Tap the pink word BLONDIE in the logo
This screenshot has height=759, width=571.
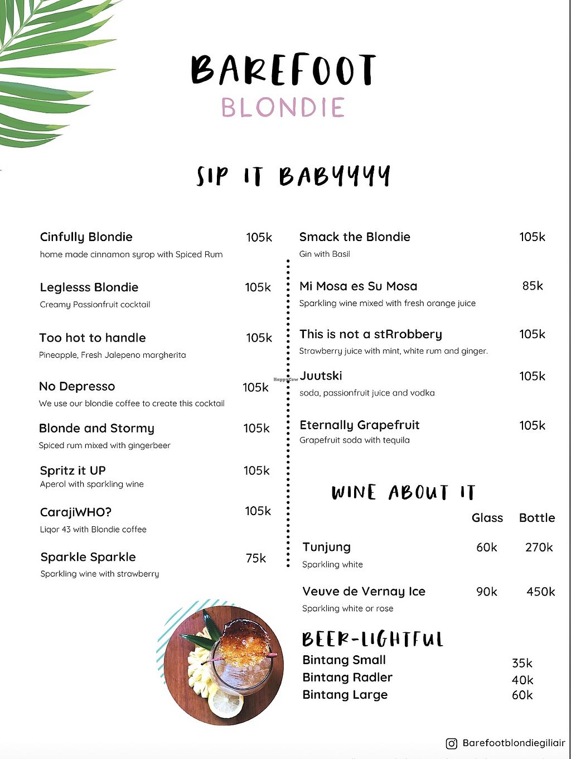pos(283,108)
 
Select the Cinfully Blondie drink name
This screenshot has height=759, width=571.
pos(86,237)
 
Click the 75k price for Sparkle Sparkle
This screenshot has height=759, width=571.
pos(256,558)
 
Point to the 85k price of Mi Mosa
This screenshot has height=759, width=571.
pos(533,286)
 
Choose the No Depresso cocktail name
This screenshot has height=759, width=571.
pos(77,386)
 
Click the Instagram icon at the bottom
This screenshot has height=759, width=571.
pos(452,743)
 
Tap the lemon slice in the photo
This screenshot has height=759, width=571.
pos(225,703)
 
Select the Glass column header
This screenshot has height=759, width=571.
pos(487,518)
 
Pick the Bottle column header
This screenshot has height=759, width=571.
pos(537,518)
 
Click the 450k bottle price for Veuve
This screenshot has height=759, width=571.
pos(540,592)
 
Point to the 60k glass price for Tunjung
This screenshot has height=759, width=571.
pos(486,547)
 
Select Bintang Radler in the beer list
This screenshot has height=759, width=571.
pos(347,678)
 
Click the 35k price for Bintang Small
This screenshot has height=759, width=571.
pos(522,663)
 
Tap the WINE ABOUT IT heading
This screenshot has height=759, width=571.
pos(403,493)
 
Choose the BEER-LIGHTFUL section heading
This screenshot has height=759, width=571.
pos(372,639)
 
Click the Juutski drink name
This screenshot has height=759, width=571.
pos(321,376)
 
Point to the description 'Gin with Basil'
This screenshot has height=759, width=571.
pos(325,254)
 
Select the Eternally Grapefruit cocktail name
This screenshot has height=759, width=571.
pos(360,425)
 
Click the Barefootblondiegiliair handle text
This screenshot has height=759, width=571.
pos(514,743)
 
